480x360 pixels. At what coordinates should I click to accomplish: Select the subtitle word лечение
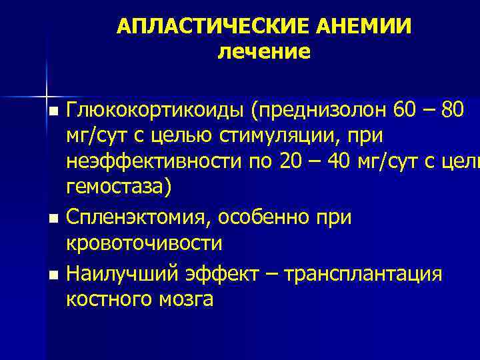pyautogui.click(x=264, y=51)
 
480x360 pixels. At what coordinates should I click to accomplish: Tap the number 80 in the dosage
pyautogui.click(x=460, y=109)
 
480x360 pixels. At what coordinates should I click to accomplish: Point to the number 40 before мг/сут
pyautogui.click(x=342, y=163)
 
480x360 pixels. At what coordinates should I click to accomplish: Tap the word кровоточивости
pyautogui.click(x=144, y=244)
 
